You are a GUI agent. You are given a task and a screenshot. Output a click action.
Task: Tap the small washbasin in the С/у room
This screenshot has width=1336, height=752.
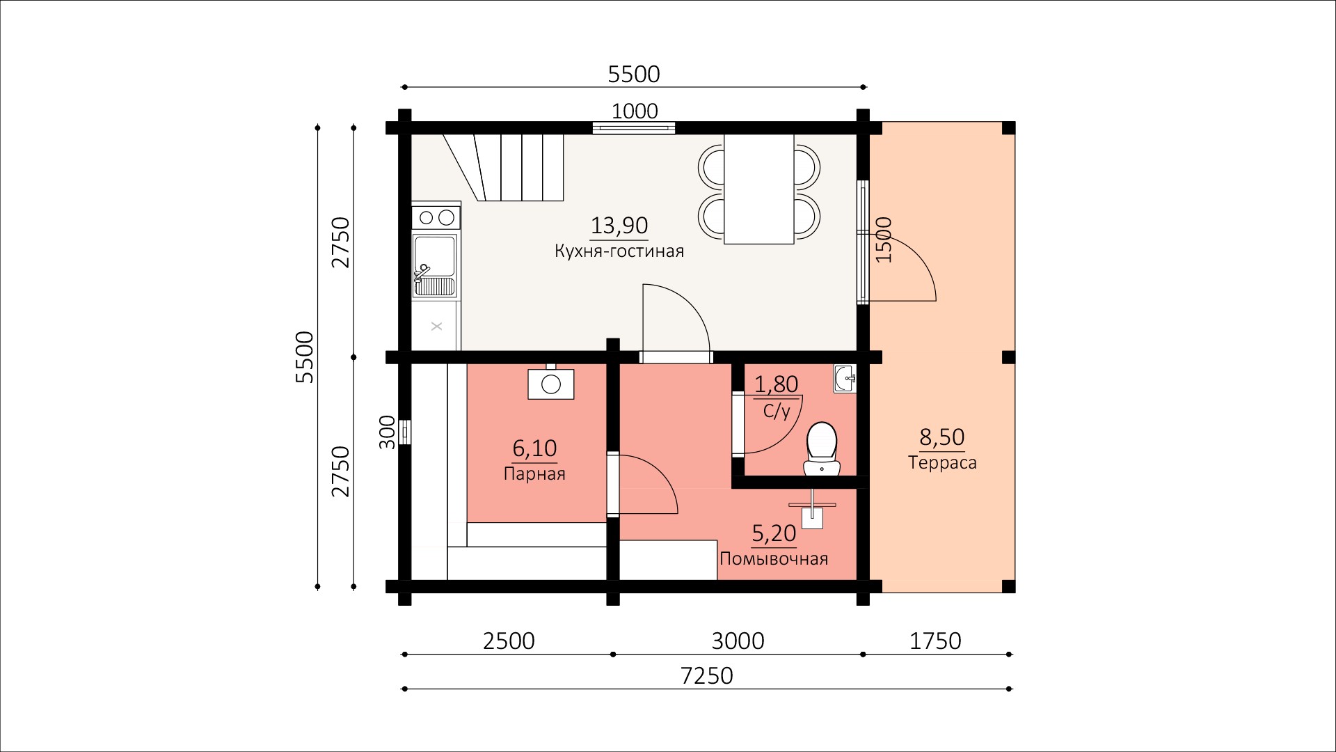(x=845, y=379)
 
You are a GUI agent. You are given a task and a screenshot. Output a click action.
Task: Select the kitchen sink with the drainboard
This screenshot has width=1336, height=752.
(x=435, y=267)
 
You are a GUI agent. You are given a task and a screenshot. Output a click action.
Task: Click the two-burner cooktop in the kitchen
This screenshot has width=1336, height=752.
(x=436, y=217)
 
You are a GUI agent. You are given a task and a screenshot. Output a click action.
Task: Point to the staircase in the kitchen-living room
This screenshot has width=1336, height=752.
(x=503, y=167)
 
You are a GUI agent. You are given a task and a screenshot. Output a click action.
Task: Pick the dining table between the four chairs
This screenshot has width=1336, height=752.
(x=759, y=189)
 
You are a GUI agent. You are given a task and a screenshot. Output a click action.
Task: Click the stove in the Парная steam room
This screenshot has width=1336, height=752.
(x=551, y=382)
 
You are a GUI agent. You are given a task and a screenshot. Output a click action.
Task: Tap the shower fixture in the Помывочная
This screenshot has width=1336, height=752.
(x=813, y=508)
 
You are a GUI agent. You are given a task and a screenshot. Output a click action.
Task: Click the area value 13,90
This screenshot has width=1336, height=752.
(x=619, y=226)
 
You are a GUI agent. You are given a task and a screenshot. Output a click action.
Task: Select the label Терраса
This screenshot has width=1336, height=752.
(x=942, y=462)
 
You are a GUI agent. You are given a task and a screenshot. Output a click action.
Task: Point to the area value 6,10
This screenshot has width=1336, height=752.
(x=534, y=448)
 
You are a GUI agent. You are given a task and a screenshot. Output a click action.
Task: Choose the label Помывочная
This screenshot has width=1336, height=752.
(x=774, y=558)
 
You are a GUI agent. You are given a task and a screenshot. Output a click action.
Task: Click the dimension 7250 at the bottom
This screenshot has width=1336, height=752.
(x=707, y=675)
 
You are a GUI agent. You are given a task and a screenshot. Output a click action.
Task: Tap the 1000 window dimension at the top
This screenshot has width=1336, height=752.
(x=635, y=111)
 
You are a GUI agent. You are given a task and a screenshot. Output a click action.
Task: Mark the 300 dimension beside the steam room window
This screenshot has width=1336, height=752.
(x=388, y=432)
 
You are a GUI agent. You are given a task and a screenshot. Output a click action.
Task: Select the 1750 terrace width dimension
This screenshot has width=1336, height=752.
(x=935, y=641)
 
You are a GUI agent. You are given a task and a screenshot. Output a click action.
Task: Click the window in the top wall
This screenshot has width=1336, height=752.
(x=634, y=127)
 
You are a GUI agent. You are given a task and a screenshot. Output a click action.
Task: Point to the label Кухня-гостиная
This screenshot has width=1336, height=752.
(x=619, y=251)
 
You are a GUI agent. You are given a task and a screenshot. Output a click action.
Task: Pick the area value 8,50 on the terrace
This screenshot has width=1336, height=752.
(x=942, y=437)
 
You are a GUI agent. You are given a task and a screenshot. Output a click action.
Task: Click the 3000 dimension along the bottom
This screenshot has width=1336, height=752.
(x=738, y=641)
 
